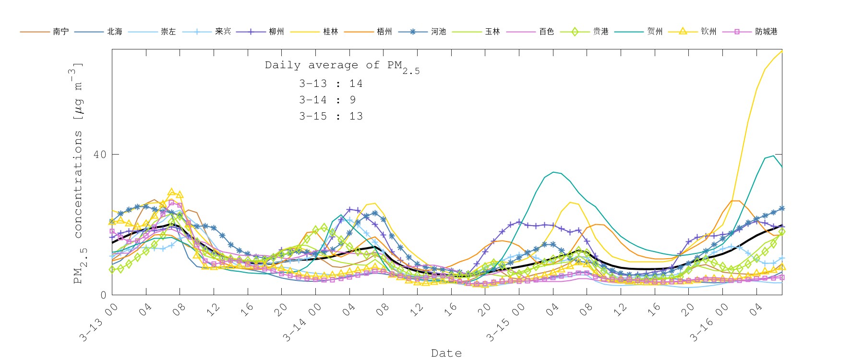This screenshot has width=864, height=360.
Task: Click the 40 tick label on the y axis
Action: click(100, 155)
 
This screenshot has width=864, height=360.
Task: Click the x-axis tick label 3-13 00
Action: click(99, 323)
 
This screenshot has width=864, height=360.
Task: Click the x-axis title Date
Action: click(446, 353)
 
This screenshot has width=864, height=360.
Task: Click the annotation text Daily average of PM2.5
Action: click(342, 66)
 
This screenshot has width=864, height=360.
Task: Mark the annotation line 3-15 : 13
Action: click(331, 116)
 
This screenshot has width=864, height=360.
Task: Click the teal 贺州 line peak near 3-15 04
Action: click(553, 172)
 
